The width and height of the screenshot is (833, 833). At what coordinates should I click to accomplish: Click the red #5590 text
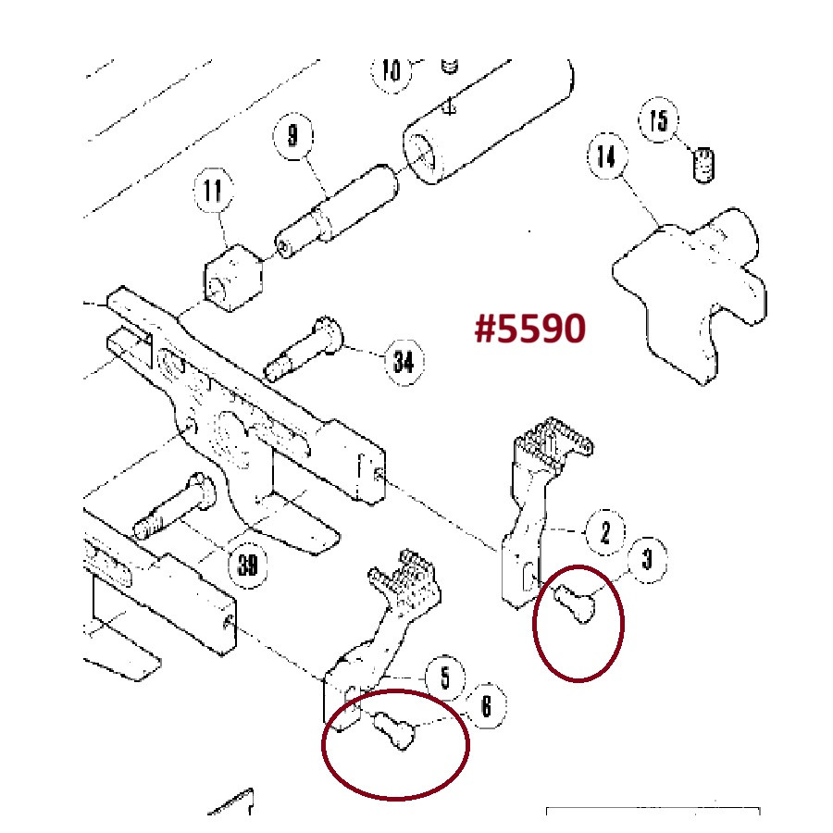click(x=529, y=328)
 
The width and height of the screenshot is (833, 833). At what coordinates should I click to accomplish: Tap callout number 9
click(x=292, y=135)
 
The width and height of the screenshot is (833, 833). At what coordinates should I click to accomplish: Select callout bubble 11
click(x=213, y=190)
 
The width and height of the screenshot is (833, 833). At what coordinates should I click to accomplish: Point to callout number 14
click(x=607, y=156)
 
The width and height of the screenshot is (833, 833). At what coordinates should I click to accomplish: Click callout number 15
click(x=659, y=120)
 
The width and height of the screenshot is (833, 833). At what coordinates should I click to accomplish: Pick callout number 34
click(x=404, y=362)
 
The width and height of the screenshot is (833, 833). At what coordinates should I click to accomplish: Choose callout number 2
click(x=605, y=532)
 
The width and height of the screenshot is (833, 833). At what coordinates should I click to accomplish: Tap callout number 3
click(x=647, y=559)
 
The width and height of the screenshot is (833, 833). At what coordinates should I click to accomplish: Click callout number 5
click(x=445, y=678)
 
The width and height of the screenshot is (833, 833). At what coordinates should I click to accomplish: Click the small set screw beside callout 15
click(x=704, y=165)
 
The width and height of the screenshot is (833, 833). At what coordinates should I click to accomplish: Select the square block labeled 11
click(x=233, y=278)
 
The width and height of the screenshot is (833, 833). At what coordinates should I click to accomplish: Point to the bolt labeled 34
click(x=304, y=349)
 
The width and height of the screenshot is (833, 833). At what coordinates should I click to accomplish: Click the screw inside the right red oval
click(x=576, y=603)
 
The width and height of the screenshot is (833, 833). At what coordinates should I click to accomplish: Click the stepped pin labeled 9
click(x=336, y=211)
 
